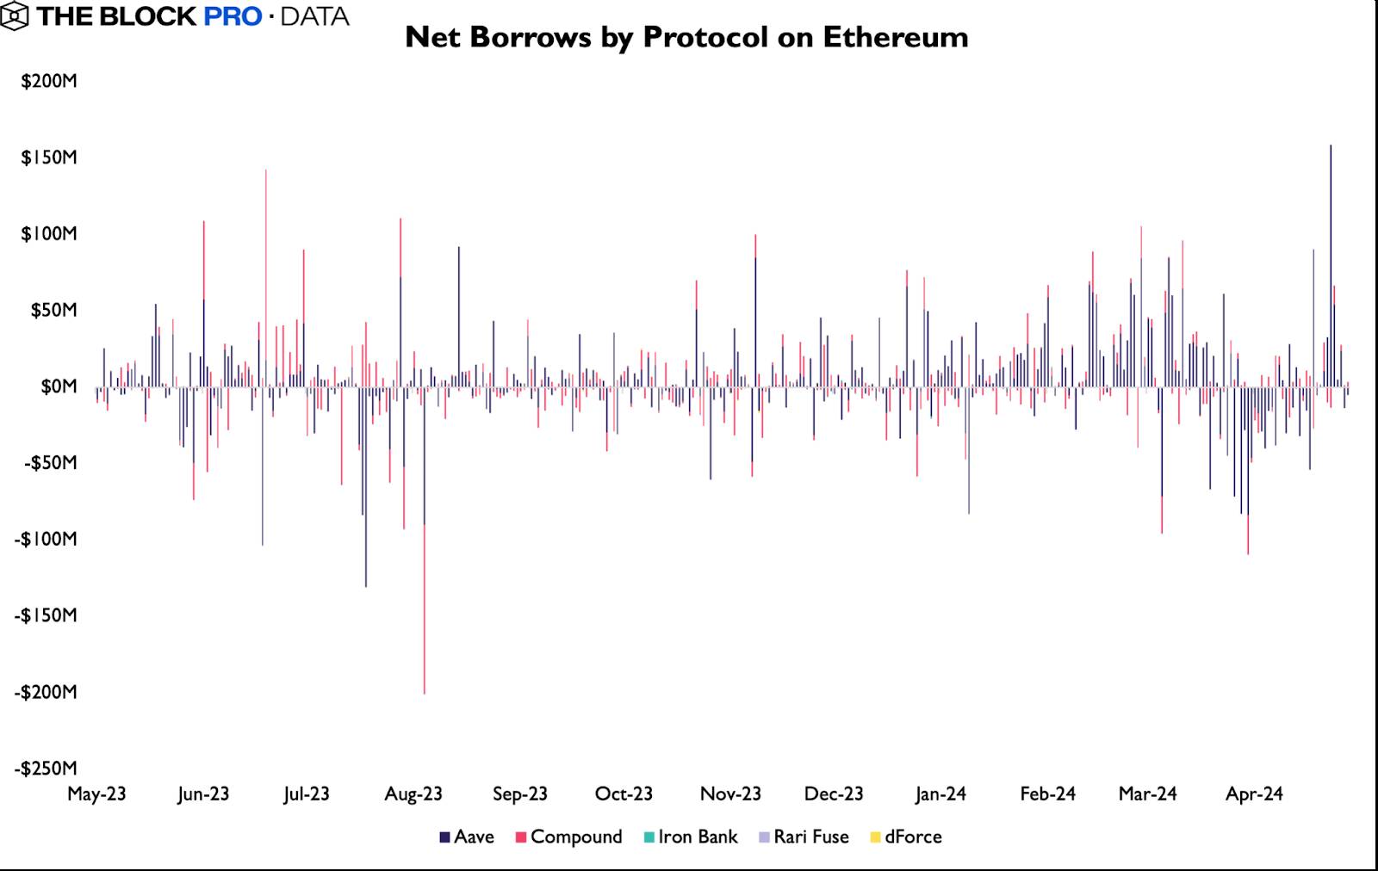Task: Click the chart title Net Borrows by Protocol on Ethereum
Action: click(686, 37)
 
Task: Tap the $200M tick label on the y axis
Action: click(49, 82)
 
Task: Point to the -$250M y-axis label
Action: click(46, 769)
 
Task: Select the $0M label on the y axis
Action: click(59, 386)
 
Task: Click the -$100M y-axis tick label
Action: click(46, 540)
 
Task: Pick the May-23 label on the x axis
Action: click(96, 794)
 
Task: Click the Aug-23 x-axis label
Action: click(413, 794)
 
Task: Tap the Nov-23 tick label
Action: click(730, 794)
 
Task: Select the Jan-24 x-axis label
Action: click(940, 794)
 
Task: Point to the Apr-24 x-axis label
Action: click(1254, 794)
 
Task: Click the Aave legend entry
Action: click(467, 837)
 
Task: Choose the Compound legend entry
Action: click(568, 837)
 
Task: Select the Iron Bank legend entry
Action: click(691, 837)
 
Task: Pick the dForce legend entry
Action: click(906, 837)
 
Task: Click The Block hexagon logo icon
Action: click(16, 15)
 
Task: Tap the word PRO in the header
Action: click(233, 15)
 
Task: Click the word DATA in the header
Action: click(315, 15)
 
